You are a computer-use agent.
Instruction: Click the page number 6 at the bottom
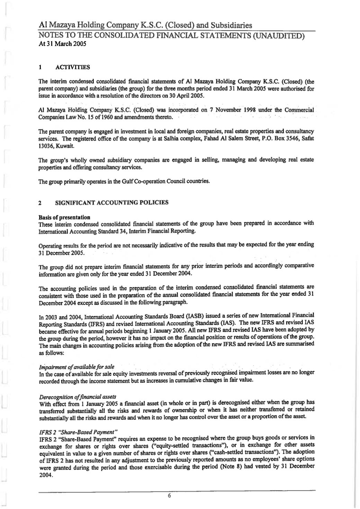point(169,496)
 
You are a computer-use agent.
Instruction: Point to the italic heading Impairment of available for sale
point(76,366)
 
